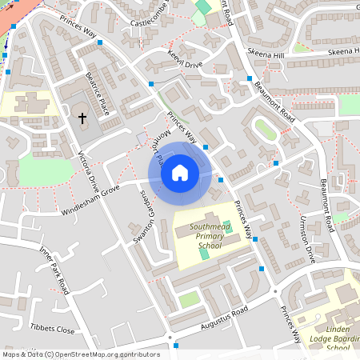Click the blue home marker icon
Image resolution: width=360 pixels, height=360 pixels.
tap(180, 173)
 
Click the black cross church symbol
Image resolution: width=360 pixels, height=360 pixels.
tap(82, 118)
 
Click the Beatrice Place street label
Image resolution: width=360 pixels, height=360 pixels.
tap(98, 94)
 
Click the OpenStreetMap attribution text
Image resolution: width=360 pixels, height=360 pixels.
tap(80, 354)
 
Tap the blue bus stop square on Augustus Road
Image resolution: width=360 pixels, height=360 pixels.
tap(176, 346)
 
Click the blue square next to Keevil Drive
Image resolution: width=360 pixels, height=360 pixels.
tap(151, 82)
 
